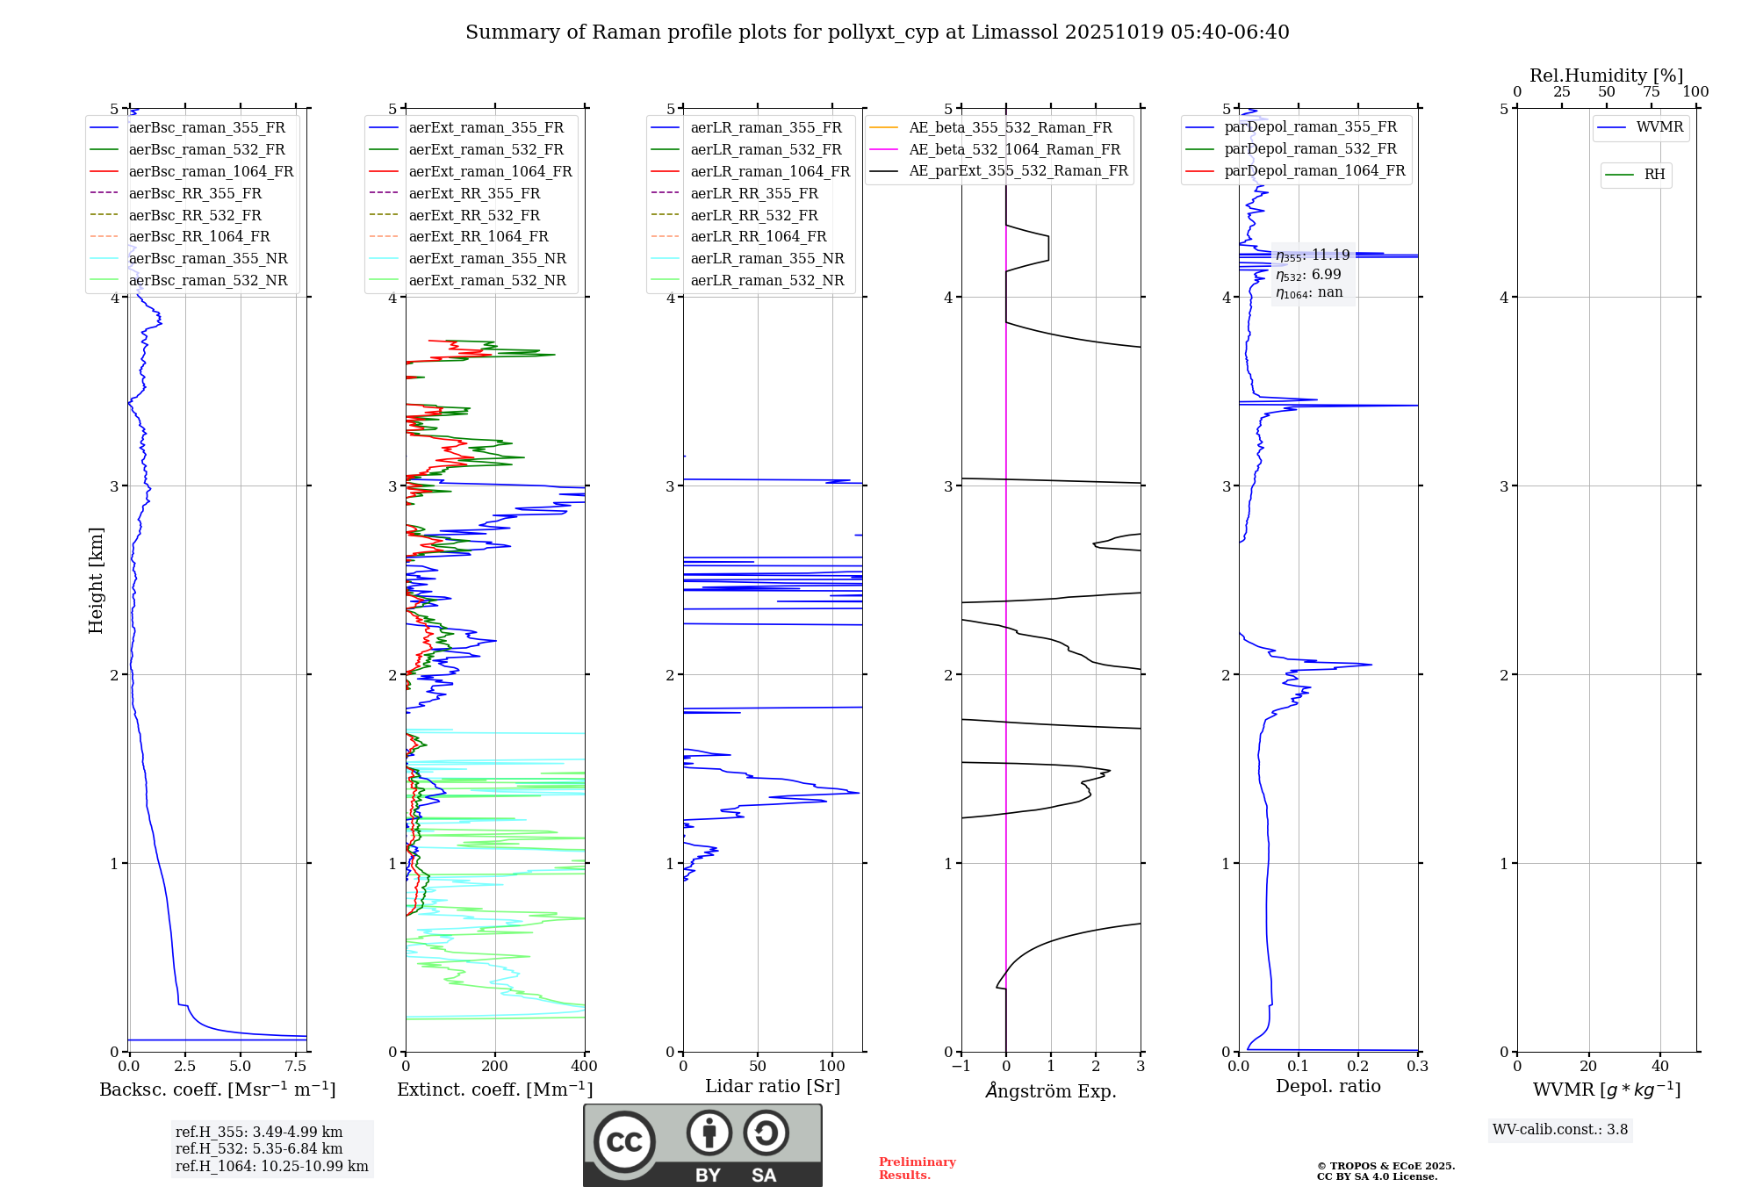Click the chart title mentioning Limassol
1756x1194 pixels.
tap(877, 32)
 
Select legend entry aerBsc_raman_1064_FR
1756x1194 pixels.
tap(211, 171)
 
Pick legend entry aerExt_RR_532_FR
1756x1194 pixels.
tap(474, 215)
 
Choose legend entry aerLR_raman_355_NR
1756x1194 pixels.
tap(766, 258)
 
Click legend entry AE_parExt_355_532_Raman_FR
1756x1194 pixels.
tap(1018, 170)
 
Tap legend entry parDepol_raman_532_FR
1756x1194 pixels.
tap(1310, 149)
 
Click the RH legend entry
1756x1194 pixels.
tap(1654, 175)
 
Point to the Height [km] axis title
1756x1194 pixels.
tap(96, 580)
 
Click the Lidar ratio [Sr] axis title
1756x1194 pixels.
tap(773, 1086)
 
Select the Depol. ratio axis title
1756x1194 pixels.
tap(1328, 1086)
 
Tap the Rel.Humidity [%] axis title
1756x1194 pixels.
tap(1606, 76)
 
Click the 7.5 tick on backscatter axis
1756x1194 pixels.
tap(296, 1067)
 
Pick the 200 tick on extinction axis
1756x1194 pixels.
tap(495, 1067)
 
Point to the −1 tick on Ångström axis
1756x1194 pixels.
tap(961, 1067)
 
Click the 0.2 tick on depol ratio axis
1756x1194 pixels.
tap(1358, 1067)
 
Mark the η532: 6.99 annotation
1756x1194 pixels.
tap(1308, 275)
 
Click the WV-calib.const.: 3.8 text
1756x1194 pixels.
tap(1560, 1130)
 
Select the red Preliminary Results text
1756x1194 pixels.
tap(917, 1169)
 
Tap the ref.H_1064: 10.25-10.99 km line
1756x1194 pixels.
tap(272, 1167)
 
